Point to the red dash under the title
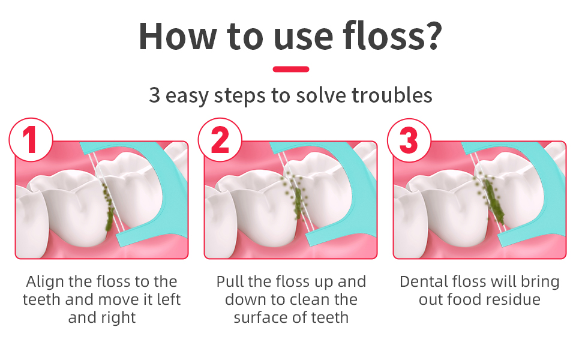[x=290, y=69]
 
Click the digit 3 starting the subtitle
[x=154, y=95]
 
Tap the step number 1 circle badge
[x=31, y=140]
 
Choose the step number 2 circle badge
[x=220, y=140]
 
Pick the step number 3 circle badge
[x=409, y=140]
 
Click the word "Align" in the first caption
[x=45, y=281]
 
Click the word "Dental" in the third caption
[x=424, y=281]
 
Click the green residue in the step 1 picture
[x=109, y=206]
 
